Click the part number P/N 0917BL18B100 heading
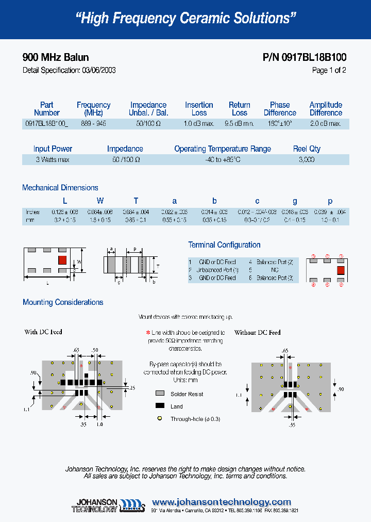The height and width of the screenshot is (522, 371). tap(304, 58)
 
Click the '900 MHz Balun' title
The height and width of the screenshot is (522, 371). tap(56, 58)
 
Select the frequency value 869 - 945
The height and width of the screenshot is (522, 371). tap(93, 124)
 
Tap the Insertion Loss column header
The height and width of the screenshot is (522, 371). tap(199, 109)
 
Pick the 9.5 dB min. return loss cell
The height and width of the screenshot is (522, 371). tap(239, 124)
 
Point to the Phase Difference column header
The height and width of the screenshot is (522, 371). tap(280, 109)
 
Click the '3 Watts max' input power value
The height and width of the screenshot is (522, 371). tap(53, 160)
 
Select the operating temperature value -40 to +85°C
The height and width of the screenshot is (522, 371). tap(222, 160)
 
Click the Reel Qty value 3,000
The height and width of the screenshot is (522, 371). tap(307, 160)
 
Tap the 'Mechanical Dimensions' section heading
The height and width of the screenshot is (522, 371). tap(60, 188)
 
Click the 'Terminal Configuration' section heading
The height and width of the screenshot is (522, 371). tap(224, 245)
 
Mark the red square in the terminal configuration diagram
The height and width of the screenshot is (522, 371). tap(340, 270)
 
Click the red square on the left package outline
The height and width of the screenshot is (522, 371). tap(62, 259)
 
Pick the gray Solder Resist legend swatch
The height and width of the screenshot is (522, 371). tap(160, 394)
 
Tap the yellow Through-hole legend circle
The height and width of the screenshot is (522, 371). tap(160, 419)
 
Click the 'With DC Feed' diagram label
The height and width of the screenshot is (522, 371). tap(43, 332)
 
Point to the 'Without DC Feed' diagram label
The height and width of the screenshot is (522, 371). tap(257, 333)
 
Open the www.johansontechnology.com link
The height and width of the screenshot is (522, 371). tap(222, 502)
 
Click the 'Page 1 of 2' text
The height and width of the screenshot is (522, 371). tap(329, 71)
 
